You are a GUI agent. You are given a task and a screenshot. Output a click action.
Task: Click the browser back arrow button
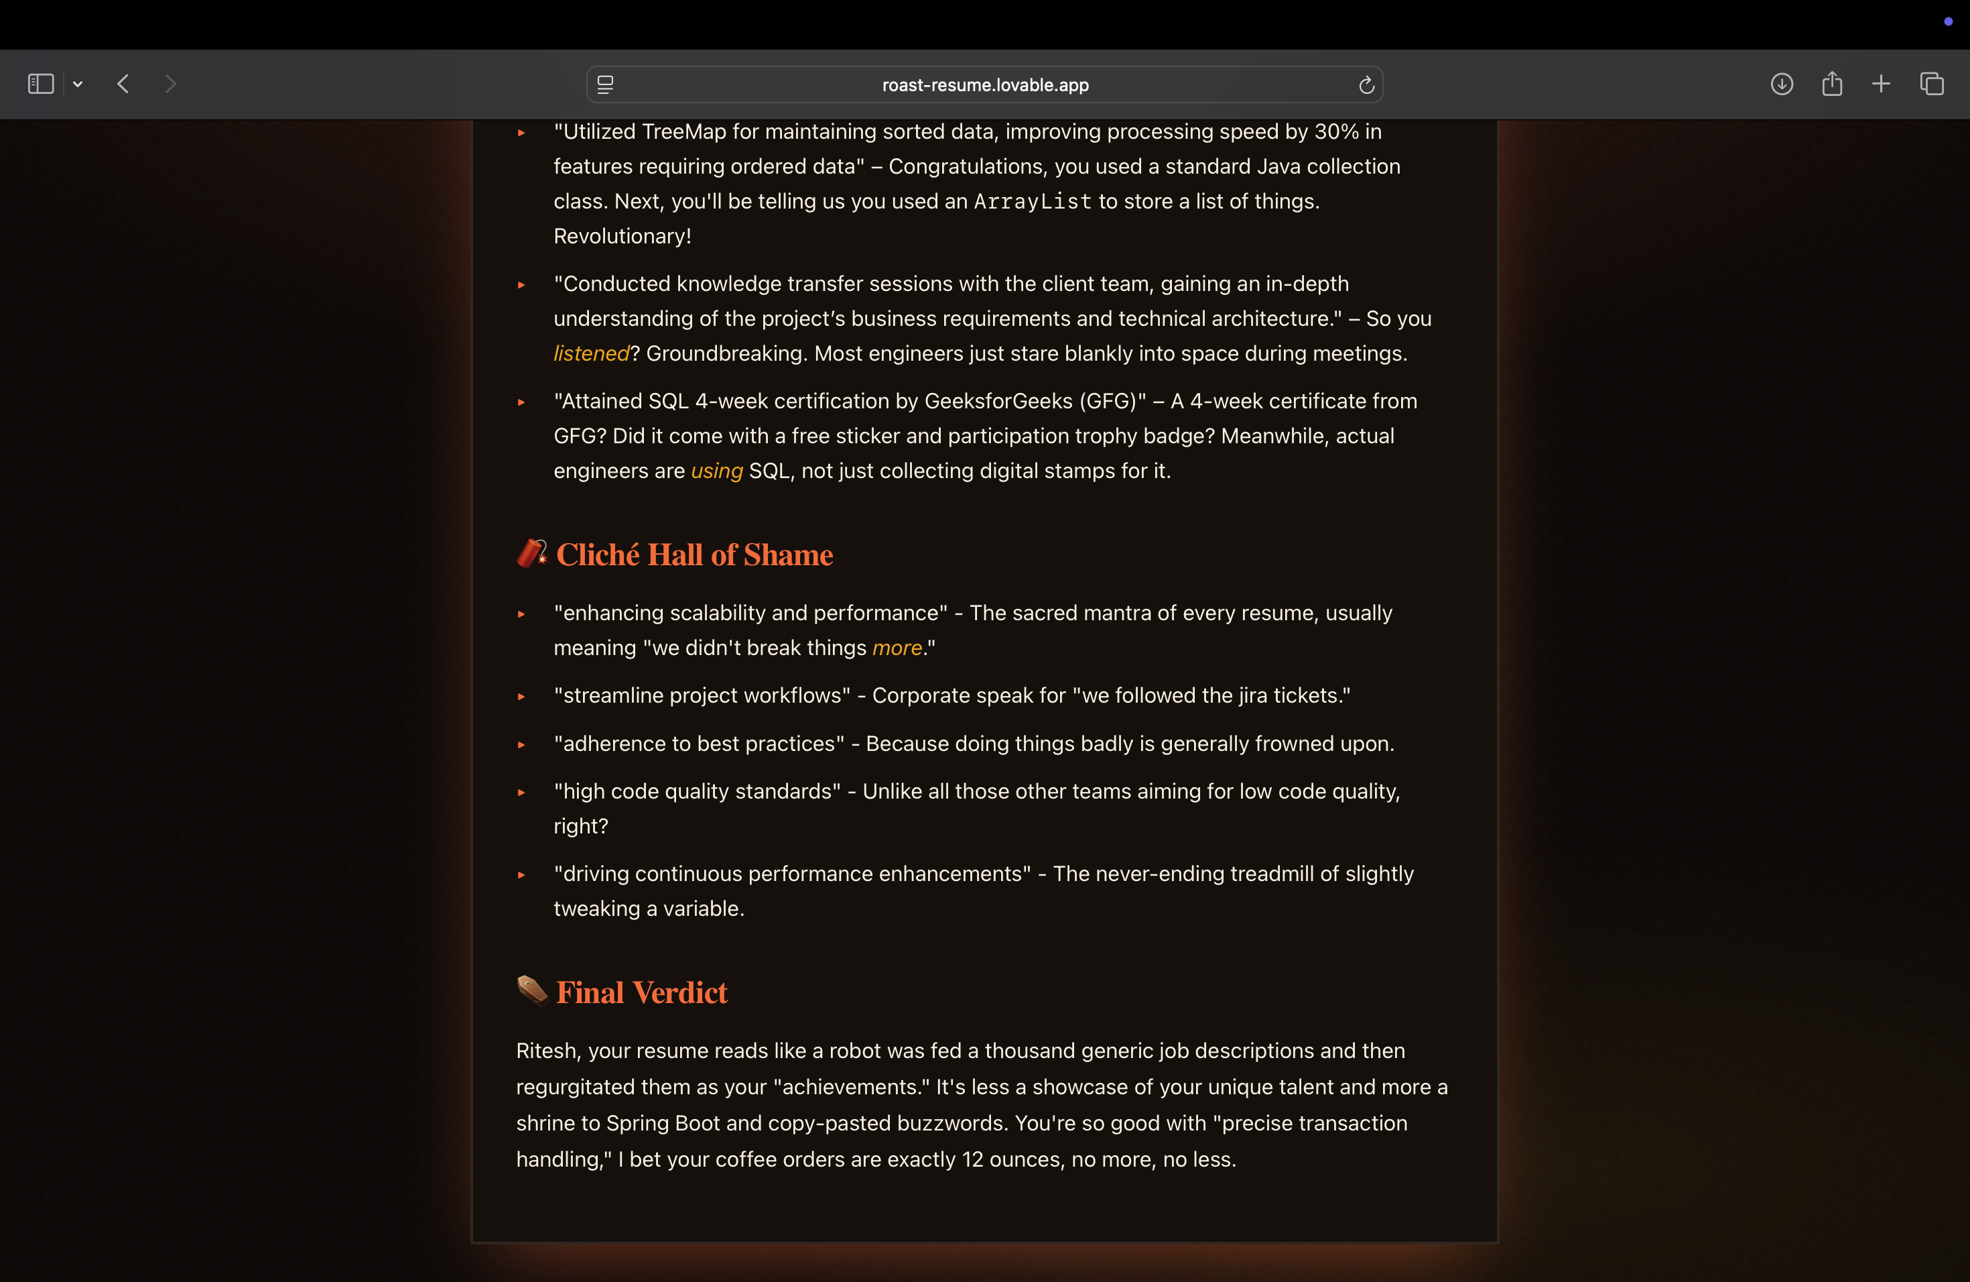tap(123, 84)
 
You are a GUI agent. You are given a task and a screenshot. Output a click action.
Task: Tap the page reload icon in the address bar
tap(1366, 84)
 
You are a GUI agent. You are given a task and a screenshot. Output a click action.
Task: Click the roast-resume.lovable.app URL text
tap(985, 84)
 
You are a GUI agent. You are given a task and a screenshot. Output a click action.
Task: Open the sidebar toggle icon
tap(41, 84)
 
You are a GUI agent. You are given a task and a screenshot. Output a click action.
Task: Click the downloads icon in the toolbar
tap(1781, 84)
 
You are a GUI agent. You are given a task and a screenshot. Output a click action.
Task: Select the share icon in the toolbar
tap(1832, 84)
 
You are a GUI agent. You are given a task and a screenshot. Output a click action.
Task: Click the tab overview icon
tap(1931, 84)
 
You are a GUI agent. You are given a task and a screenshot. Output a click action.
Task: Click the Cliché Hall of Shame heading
tap(694, 554)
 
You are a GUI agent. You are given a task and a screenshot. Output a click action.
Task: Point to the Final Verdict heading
tap(641, 992)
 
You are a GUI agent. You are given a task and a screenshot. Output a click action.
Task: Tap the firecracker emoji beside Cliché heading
tap(531, 552)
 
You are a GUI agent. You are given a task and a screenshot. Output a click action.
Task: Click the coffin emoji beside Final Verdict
tap(531, 990)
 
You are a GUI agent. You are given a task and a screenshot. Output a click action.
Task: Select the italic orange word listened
tap(591, 353)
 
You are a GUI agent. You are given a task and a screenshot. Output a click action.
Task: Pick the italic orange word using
tap(717, 471)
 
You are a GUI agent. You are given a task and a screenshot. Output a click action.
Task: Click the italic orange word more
tap(897, 648)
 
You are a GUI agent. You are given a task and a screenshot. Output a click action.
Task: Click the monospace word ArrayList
tap(1032, 201)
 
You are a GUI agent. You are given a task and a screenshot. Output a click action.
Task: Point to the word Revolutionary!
tap(622, 236)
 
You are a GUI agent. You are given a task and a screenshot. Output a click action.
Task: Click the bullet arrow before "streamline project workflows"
tap(521, 697)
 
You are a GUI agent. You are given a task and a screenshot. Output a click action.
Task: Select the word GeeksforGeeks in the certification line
tap(998, 401)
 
